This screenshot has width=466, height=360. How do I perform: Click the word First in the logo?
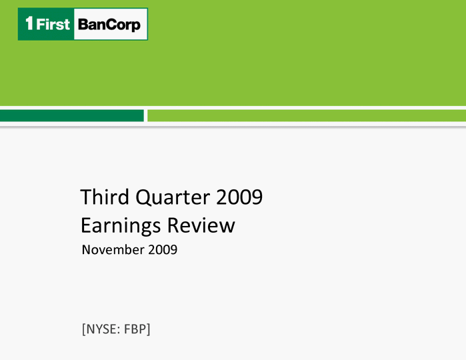(x=53, y=24)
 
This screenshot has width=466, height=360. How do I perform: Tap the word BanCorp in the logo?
(x=109, y=25)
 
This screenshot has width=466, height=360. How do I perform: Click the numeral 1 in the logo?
(x=29, y=23)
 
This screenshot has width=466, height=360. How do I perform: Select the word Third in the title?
(x=105, y=197)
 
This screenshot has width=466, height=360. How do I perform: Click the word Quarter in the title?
(x=173, y=197)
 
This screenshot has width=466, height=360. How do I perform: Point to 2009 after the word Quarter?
(x=239, y=197)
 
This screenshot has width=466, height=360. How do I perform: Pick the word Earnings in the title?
(x=121, y=226)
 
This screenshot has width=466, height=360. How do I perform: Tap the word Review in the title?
(x=201, y=225)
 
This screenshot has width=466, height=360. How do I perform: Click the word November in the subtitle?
(x=113, y=250)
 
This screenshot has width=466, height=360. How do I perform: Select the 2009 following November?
(x=163, y=250)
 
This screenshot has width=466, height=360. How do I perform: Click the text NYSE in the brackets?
(x=103, y=329)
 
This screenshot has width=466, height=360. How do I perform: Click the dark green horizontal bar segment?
(x=72, y=115)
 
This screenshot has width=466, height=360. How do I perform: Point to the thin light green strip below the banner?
(x=307, y=115)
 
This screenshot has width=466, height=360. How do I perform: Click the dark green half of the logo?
(x=46, y=24)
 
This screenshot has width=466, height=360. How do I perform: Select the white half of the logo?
(x=111, y=24)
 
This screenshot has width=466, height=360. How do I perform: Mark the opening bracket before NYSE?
(x=84, y=329)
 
